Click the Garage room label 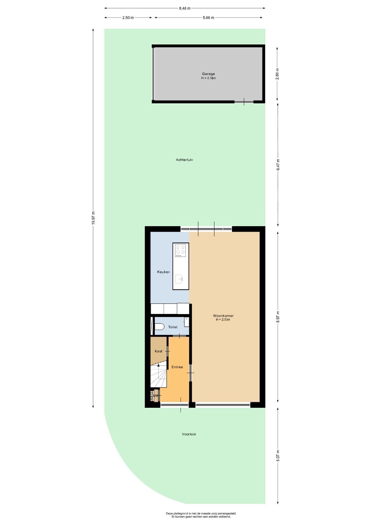(208, 74)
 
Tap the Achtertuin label (184, 160)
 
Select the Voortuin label (189, 434)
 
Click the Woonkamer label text (223, 316)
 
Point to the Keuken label (163, 272)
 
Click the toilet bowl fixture (159, 326)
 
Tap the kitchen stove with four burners (181, 250)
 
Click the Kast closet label (158, 351)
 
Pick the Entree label (177, 367)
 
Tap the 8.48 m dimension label (185, 8)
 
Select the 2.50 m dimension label (128, 18)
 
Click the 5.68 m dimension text (208, 18)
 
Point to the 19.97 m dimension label (93, 218)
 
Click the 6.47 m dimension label (278, 165)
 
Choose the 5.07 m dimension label (278, 456)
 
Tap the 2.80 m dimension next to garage (277, 74)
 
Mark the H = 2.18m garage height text (208, 78)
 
